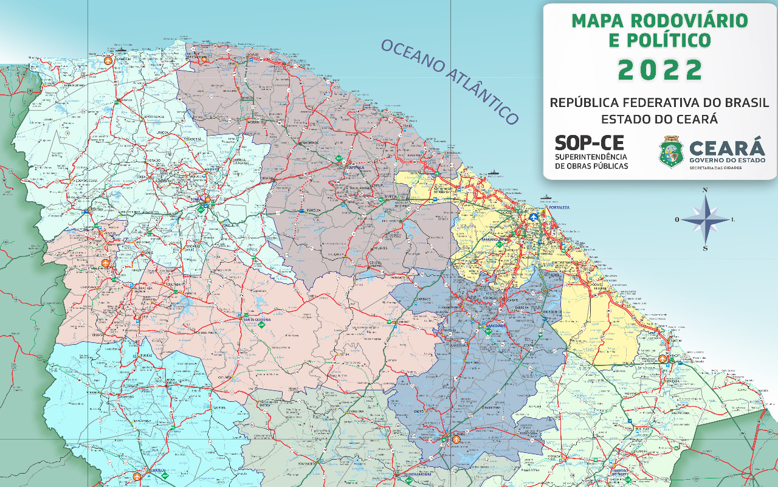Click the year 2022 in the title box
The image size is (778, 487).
click(x=660, y=71)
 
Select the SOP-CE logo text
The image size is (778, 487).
click(x=589, y=143)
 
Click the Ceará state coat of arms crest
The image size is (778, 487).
click(x=671, y=152)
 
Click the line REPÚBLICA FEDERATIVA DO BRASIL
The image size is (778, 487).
click(x=659, y=102)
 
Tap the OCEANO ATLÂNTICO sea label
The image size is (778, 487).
click(x=449, y=82)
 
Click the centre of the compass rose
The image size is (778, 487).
click(x=705, y=220)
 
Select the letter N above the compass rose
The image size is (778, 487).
click(x=705, y=190)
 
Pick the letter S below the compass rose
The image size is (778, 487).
click(x=705, y=248)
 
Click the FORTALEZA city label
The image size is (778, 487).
click(x=559, y=207)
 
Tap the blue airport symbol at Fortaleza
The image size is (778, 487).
click(x=533, y=217)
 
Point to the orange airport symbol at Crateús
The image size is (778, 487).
click(x=137, y=476)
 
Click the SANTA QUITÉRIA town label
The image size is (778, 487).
click(x=256, y=319)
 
